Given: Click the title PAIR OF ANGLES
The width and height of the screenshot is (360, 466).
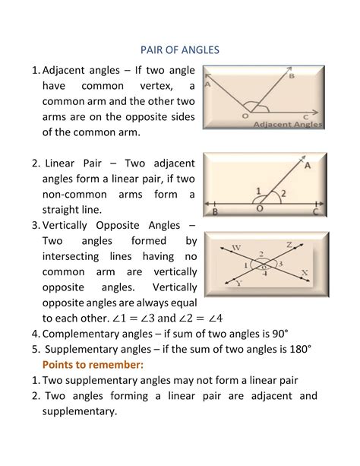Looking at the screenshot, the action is click(180, 49).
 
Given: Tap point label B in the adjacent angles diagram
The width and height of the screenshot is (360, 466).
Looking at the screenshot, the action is click(292, 75).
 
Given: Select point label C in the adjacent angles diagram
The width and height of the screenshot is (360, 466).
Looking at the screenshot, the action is click(305, 116).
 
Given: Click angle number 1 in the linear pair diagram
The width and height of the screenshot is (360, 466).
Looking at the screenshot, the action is click(258, 192).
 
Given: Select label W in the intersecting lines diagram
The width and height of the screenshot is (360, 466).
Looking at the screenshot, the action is click(236, 248).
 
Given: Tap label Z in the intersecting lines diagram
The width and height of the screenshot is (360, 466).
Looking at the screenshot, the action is click(289, 244).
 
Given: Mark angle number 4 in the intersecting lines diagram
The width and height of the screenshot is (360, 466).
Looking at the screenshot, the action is click(264, 274).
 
